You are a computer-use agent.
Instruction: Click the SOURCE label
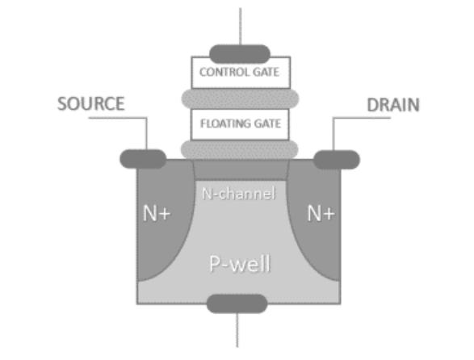(x=91, y=104)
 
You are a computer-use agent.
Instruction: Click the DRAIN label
(x=392, y=105)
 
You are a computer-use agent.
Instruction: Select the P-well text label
(x=239, y=265)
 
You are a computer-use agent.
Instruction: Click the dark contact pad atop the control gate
(x=240, y=53)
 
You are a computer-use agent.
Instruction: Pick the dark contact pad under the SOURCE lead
(x=143, y=159)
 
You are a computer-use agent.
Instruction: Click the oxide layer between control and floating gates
(x=240, y=98)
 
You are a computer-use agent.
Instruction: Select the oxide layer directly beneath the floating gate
(x=240, y=149)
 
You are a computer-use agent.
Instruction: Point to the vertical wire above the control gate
(x=240, y=24)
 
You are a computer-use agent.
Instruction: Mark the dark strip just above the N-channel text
(x=240, y=170)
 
